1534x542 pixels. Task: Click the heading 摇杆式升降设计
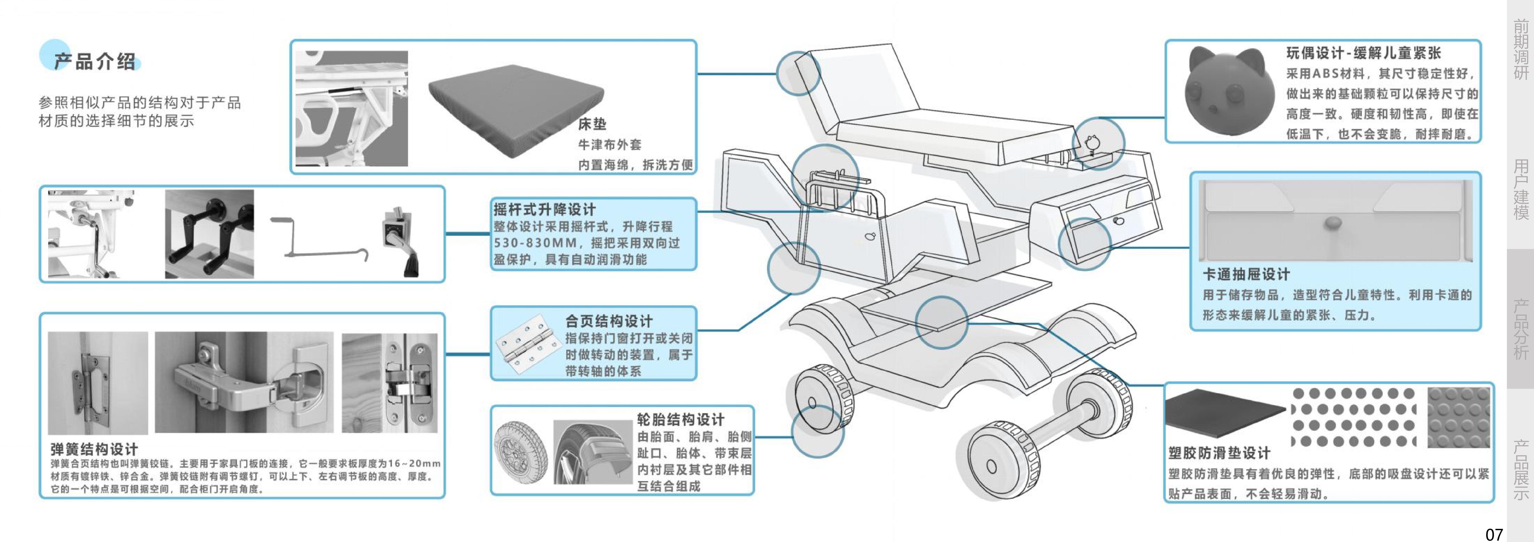[x=544, y=210]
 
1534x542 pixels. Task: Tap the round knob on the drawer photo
[x=1333, y=223]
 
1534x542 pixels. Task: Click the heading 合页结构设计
[x=609, y=321]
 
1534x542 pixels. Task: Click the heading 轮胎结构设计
[x=680, y=419]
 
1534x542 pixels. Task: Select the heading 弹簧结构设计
[x=94, y=449]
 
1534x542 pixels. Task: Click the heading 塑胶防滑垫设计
[x=1219, y=453]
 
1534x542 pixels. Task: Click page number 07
[x=1494, y=534]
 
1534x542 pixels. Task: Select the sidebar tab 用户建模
[x=1520, y=189]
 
